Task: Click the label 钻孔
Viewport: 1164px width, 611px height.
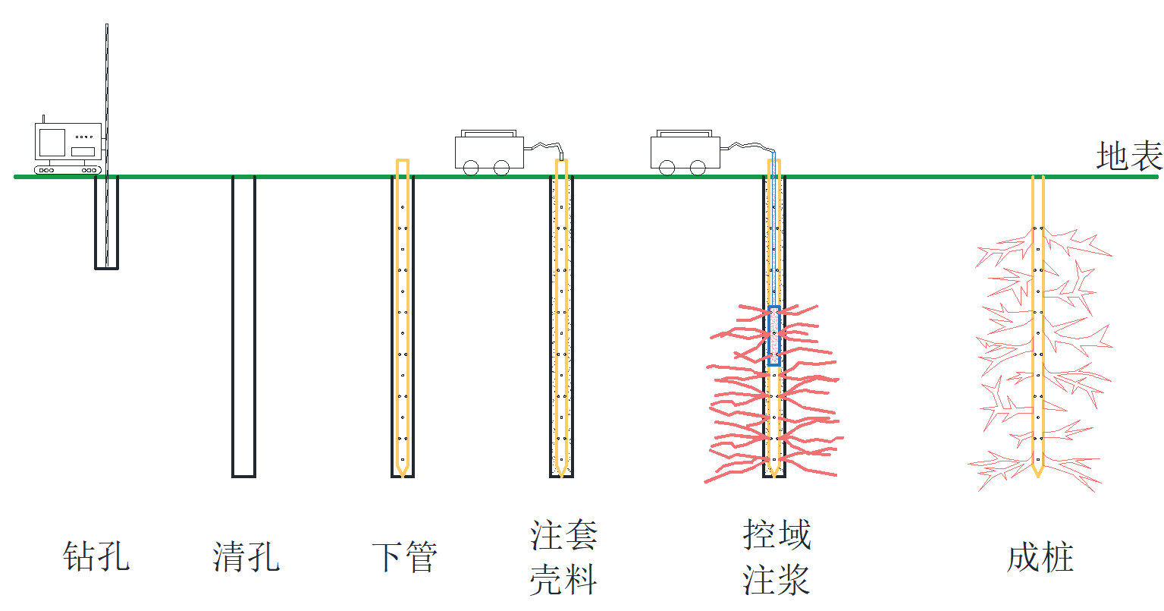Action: [x=96, y=556]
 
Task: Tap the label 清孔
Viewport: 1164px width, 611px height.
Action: [x=246, y=556]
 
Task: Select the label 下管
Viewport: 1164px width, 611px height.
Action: [x=405, y=556]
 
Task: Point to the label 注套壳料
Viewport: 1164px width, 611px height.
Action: [x=563, y=557]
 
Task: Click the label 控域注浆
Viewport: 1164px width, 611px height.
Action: [x=777, y=557]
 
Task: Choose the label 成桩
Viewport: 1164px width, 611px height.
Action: [x=1040, y=558]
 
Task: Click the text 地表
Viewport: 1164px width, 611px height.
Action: [x=1129, y=157]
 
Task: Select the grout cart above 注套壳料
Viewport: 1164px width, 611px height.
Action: [x=489, y=150]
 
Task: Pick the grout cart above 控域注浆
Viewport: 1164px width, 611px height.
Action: [x=685, y=150]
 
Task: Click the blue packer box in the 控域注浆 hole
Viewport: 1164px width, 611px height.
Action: [x=773, y=335]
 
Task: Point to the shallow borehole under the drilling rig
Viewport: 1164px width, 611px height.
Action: [x=106, y=224]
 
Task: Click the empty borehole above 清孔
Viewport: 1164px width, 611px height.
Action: [x=243, y=326]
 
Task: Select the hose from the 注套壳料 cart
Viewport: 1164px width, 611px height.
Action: [x=544, y=146]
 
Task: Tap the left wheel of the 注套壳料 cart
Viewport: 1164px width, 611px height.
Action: [x=471, y=167]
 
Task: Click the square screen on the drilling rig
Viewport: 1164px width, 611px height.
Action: [x=52, y=142]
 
